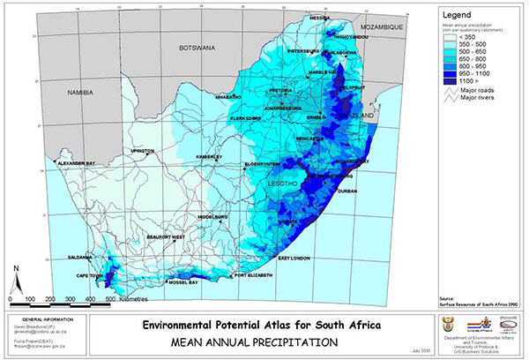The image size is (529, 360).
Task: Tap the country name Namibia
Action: [80, 91]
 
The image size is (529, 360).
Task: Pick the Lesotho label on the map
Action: [292, 183]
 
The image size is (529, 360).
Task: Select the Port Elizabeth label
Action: [253, 277]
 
